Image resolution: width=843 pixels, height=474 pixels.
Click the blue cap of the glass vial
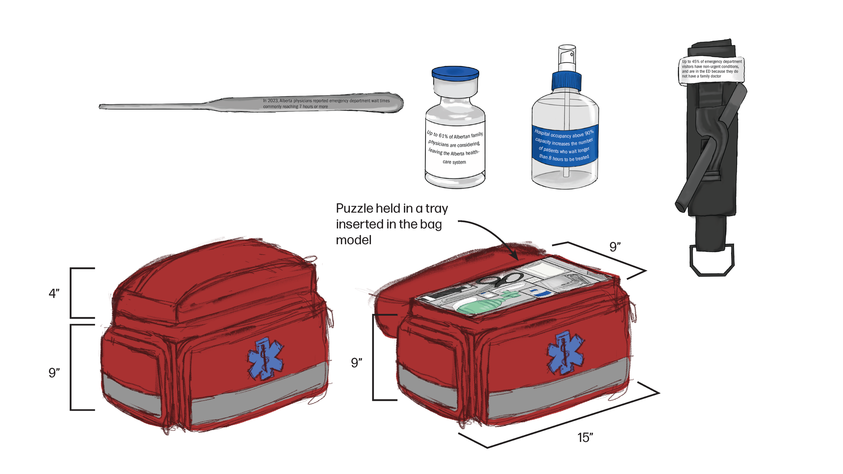pyautogui.click(x=455, y=73)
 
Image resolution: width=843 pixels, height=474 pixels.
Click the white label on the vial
pyautogui.click(x=455, y=148)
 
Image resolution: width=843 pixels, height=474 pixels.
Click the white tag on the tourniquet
pyautogui.click(x=711, y=69)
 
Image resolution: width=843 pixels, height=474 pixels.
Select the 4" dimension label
pyautogui.click(x=54, y=293)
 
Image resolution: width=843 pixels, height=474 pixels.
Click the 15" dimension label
pyautogui.click(x=585, y=438)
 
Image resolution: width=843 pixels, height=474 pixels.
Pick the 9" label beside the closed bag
pyautogui.click(x=54, y=373)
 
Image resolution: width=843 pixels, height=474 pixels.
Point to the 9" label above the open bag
pyautogui.click(x=615, y=247)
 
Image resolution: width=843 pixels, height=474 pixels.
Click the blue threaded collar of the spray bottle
pyautogui.click(x=566, y=81)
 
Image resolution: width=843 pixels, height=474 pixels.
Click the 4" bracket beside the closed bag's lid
pyautogui.click(x=71, y=293)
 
